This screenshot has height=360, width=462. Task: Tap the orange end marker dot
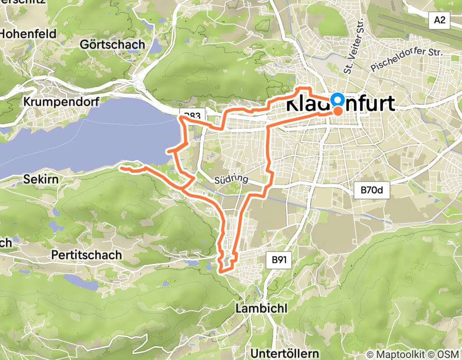[338, 111]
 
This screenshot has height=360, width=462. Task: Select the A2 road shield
[439, 21]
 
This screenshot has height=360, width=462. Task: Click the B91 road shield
[278, 260]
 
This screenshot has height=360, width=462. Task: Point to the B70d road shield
[371, 191]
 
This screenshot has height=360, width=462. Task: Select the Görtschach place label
[113, 45]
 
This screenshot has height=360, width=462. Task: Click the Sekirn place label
[41, 180]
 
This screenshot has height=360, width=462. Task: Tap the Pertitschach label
[86, 255]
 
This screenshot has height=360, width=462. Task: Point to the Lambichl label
[261, 308]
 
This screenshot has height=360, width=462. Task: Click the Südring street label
[231, 179]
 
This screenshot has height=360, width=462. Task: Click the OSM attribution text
[448, 354]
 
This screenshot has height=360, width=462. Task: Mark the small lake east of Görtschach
[154, 46]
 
